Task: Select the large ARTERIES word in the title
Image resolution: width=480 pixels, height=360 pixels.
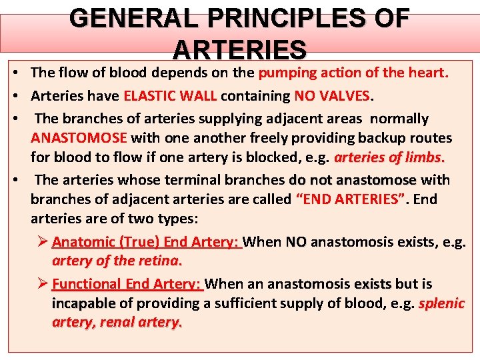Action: point(239,50)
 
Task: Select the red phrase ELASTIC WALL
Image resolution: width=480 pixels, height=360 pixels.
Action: point(169,96)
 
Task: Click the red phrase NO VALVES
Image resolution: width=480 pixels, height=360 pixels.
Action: point(332,96)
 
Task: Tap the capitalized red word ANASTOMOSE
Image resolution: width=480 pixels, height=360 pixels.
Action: point(79,139)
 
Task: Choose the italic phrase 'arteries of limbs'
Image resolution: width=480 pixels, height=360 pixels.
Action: point(389,159)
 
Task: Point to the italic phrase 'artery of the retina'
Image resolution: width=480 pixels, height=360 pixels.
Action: point(117,261)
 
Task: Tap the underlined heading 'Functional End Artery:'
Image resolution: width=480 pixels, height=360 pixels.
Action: point(127,284)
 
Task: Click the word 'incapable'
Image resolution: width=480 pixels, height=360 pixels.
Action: point(84,303)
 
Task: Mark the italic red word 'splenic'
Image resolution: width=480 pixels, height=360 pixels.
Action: point(441,303)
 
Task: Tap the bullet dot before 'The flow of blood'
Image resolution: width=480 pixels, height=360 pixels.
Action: point(13,73)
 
